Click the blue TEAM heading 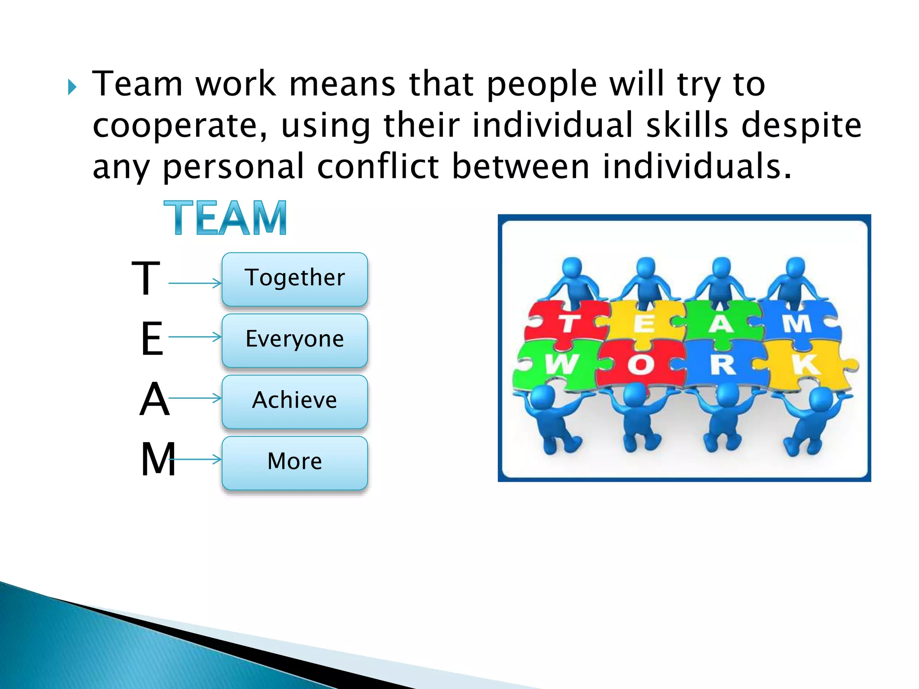(x=225, y=218)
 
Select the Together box (x=294, y=279)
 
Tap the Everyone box (x=294, y=340)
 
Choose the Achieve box (x=294, y=401)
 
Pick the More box (x=294, y=462)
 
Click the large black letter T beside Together (x=145, y=279)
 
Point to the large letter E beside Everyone (x=152, y=340)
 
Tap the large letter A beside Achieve (x=154, y=400)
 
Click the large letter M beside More (x=158, y=459)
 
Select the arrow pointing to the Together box (x=195, y=283)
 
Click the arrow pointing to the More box (x=196, y=459)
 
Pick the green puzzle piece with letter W (x=559, y=363)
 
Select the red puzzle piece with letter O (x=641, y=364)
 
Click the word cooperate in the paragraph (x=179, y=126)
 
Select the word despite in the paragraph (x=801, y=126)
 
